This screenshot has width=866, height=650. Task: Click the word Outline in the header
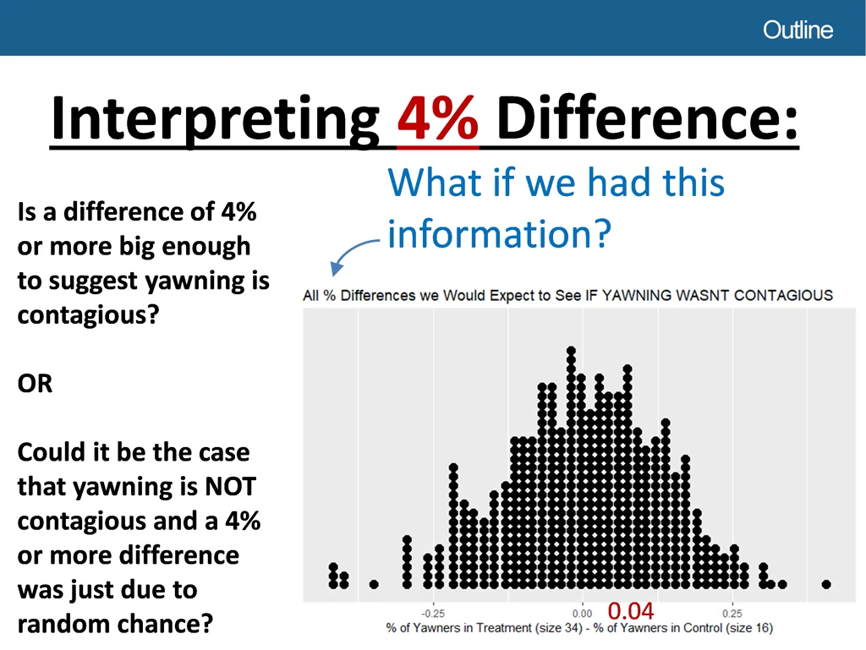click(797, 30)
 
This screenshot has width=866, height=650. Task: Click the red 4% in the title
click(437, 118)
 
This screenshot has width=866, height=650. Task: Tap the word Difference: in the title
click(647, 117)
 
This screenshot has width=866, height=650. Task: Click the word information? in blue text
click(499, 234)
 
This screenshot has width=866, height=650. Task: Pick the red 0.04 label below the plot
click(631, 611)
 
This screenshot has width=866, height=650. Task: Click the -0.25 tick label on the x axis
click(433, 614)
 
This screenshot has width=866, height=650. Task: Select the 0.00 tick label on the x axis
click(582, 614)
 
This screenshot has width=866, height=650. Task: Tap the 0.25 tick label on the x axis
click(732, 614)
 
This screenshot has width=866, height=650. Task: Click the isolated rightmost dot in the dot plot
click(826, 584)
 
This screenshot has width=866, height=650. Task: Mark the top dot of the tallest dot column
click(571, 351)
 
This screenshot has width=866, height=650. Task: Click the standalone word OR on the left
click(35, 384)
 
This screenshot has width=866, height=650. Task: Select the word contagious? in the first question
click(88, 315)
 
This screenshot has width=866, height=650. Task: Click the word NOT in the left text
click(230, 487)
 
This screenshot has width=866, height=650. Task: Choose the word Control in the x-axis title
click(703, 628)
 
